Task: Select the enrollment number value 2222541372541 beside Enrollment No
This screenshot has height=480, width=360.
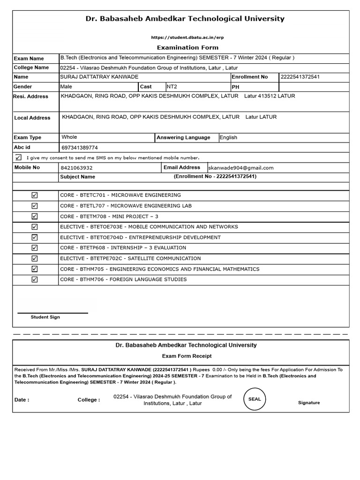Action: [300, 77]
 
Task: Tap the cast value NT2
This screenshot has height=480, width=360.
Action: [172, 87]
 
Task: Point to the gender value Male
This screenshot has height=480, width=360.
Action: [66, 87]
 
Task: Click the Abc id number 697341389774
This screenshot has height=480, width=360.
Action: [80, 147]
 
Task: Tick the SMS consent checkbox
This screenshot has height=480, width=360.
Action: [18, 157]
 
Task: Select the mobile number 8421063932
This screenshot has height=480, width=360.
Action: [77, 168]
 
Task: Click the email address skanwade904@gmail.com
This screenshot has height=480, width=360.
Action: [241, 168]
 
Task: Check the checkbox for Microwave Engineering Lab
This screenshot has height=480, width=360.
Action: [35, 206]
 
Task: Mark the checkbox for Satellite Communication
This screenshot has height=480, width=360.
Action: [35, 259]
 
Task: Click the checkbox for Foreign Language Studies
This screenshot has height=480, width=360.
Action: [35, 280]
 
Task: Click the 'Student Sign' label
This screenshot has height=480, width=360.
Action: [45, 317]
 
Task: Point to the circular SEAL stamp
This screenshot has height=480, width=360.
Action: [255, 399]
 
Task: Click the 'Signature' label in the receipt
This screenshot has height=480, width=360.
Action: [309, 403]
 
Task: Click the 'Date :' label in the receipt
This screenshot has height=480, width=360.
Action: [22, 400]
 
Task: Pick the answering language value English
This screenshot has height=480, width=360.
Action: [228, 137]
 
